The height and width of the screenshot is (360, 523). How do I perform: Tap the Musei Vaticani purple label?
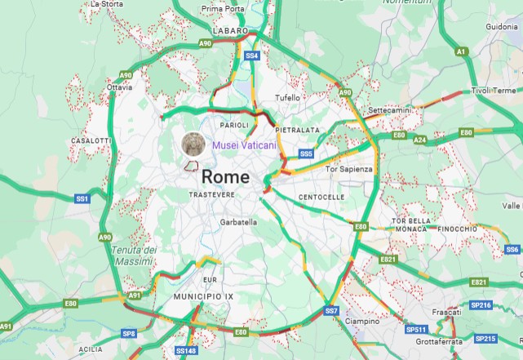[x=244, y=144]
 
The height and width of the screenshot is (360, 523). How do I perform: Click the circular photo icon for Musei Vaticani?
[x=193, y=144]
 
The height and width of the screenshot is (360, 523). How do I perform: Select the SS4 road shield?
[x=252, y=56]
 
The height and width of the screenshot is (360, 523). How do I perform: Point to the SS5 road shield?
[x=306, y=153]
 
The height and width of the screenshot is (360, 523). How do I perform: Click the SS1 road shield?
[x=82, y=198]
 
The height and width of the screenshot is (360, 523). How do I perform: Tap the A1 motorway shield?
[x=462, y=51]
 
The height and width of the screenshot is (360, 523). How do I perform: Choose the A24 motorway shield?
[x=419, y=140]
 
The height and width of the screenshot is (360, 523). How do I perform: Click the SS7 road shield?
[x=331, y=311]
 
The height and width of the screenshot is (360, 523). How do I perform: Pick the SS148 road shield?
[x=186, y=350]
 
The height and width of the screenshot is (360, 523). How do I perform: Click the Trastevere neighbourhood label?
[x=211, y=195]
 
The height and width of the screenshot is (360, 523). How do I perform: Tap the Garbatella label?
[x=238, y=221]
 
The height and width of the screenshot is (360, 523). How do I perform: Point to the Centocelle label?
[x=321, y=197]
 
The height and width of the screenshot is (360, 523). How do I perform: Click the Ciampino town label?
[x=361, y=322]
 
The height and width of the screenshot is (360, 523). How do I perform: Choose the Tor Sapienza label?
[x=348, y=169]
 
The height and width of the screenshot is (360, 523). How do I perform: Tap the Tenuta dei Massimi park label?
[x=133, y=255]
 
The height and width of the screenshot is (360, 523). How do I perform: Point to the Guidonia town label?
[x=502, y=26]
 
